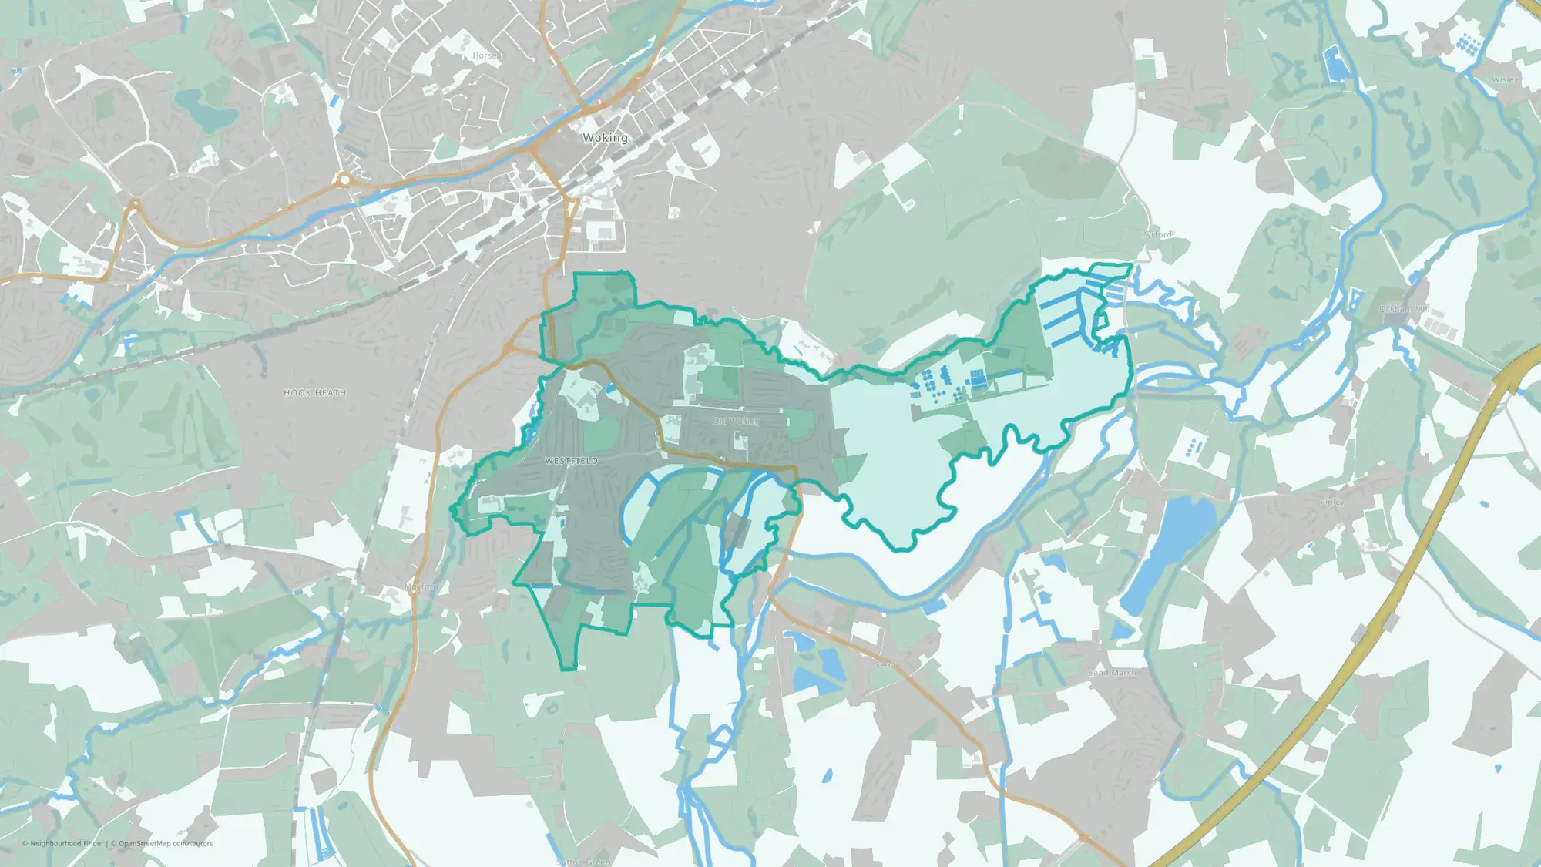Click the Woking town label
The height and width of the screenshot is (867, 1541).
605,138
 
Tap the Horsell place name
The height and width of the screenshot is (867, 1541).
487,55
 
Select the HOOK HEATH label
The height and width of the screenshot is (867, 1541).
314,393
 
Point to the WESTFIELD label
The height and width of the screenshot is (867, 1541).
571,461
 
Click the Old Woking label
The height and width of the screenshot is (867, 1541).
736,422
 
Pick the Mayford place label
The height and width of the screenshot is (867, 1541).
421,587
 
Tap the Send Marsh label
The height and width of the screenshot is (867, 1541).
1111,673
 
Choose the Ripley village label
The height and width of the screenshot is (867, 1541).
1332,502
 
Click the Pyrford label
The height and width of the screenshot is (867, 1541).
1157,234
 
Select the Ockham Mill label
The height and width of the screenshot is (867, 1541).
1404,310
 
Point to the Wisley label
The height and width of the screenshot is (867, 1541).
1505,79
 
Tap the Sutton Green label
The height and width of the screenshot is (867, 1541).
583,862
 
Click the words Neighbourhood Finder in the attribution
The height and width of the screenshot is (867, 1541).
67,843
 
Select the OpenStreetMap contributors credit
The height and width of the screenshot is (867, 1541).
166,843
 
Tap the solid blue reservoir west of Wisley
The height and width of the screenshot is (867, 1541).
1335,63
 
